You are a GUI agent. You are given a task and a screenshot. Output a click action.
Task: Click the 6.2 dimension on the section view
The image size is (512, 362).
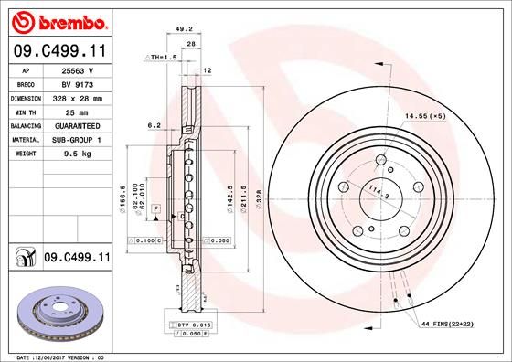(x=154, y=125)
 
